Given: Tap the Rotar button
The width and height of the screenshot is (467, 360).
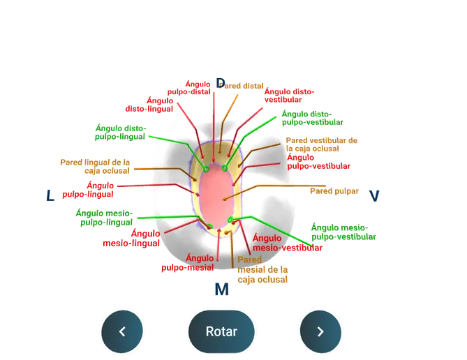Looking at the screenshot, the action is pyautogui.click(x=221, y=331).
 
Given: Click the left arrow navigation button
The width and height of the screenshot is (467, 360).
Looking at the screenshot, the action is pyautogui.click(x=122, y=331).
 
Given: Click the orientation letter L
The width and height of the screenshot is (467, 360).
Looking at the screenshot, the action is pyautogui.click(x=50, y=195).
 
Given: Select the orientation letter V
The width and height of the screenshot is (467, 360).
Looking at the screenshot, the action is pyautogui.click(x=374, y=196).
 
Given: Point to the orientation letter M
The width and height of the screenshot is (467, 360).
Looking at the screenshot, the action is pyautogui.click(x=221, y=289).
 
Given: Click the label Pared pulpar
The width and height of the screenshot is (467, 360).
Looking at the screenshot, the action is pyautogui.click(x=334, y=191).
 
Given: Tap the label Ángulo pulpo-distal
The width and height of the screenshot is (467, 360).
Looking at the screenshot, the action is pyautogui.click(x=189, y=88).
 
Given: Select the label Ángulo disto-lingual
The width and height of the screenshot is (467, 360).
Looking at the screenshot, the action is pyautogui.click(x=149, y=105).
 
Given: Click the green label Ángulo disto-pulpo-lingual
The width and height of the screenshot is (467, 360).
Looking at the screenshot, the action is pyautogui.click(x=120, y=133).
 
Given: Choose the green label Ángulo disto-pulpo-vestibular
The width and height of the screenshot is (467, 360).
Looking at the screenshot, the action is pyautogui.click(x=313, y=118).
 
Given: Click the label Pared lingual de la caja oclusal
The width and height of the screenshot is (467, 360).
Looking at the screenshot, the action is pyautogui.click(x=95, y=167).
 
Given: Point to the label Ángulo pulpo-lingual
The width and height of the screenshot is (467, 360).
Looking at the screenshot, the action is pyautogui.click(x=88, y=190).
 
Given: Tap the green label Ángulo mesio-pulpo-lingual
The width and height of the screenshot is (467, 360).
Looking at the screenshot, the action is pyautogui.click(x=104, y=218).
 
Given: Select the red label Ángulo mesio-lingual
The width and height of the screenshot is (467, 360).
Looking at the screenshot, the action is pyautogui.click(x=131, y=238).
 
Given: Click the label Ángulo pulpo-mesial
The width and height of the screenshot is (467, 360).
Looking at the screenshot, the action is pyautogui.click(x=188, y=262).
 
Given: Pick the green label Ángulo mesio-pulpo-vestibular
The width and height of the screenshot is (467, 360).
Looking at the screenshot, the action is pyautogui.click(x=343, y=232).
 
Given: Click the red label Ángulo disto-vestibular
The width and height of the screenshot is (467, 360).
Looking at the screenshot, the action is pyautogui.click(x=289, y=96).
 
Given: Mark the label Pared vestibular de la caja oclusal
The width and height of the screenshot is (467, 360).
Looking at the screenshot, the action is pyautogui.click(x=321, y=144).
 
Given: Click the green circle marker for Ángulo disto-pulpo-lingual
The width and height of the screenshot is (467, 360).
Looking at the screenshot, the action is pyautogui.click(x=206, y=169).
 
